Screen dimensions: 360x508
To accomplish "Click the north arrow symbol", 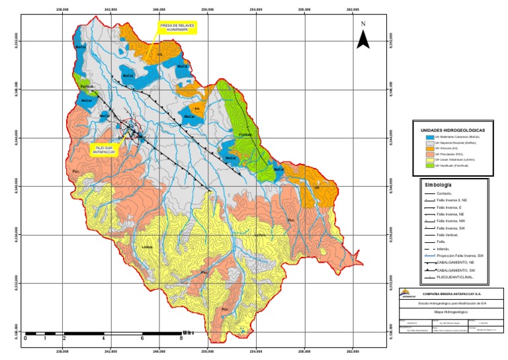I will (x=362, y=37).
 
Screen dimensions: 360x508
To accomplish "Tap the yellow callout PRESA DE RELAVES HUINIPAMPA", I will (x=177, y=28).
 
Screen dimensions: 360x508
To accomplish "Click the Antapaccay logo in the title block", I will (x=409, y=295).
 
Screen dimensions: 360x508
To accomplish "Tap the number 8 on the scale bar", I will (x=181, y=338).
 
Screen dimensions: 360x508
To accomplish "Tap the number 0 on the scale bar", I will (x=25, y=338).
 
